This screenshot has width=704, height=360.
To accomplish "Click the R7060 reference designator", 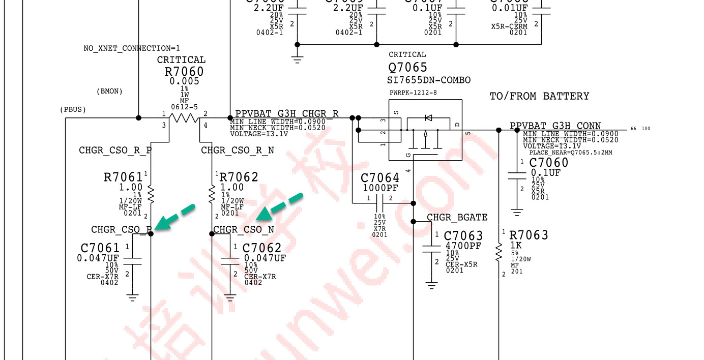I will pyautogui.click(x=184, y=72).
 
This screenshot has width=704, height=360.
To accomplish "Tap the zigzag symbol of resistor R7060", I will pyautogui.click(x=184, y=118).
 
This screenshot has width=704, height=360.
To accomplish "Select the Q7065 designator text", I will pyautogui.click(x=408, y=68).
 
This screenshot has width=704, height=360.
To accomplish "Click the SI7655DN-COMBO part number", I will pyautogui.click(x=429, y=80).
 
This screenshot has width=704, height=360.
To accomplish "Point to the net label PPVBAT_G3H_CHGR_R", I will pyautogui.click(x=286, y=113).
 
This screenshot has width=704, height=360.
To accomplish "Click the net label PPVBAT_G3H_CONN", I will pyautogui.click(x=555, y=126).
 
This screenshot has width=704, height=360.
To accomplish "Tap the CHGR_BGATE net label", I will pyautogui.click(x=457, y=218).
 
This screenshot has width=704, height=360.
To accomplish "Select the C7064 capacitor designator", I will pyautogui.click(x=380, y=178).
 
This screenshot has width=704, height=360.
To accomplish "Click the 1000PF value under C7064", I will pyautogui.click(x=380, y=188).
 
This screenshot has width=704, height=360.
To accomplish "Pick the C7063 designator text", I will pyautogui.click(x=463, y=236).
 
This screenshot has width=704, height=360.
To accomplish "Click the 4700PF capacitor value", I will pyautogui.click(x=463, y=246).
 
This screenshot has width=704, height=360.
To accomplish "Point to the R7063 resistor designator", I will pyautogui.click(x=529, y=235).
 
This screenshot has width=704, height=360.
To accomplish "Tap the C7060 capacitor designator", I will pyautogui.click(x=549, y=163).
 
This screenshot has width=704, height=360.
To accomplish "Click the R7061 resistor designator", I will pyautogui.click(x=123, y=177).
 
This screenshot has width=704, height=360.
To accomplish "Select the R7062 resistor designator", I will pyautogui.click(x=239, y=177).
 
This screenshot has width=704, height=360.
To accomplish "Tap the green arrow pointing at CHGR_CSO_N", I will pyautogui.click(x=279, y=207).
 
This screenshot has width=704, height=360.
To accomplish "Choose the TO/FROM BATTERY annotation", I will pyautogui.click(x=539, y=96).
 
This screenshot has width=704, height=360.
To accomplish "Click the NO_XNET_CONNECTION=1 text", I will pyautogui.click(x=132, y=48).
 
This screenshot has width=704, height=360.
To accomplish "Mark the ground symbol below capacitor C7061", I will pyautogui.click(x=133, y=297).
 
